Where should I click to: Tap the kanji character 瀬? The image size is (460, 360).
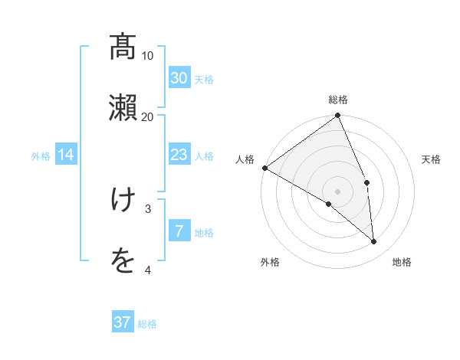click(123, 106)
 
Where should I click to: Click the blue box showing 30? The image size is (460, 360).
click(179, 78)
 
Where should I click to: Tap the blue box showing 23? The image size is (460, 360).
click(179, 155)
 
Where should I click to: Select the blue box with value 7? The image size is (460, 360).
click(179, 231)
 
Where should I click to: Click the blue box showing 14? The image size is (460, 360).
click(66, 155)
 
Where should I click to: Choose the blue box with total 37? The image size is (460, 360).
click(123, 322)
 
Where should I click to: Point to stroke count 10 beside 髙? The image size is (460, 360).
click(148, 55)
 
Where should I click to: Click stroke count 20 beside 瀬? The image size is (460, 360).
click(148, 116)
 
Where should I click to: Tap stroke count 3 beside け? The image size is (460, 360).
click(148, 208)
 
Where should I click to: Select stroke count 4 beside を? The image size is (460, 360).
click(148, 270)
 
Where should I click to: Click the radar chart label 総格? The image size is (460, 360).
click(338, 100)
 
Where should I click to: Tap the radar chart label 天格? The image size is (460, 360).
click(431, 159)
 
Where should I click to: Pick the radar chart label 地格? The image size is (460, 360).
click(402, 262)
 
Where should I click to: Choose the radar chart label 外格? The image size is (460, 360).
click(270, 262)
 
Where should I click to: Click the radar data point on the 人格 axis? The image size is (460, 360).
click(264, 168)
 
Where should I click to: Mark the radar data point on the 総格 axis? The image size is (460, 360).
click(338, 116)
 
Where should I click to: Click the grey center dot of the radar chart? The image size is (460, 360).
click(337, 191)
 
